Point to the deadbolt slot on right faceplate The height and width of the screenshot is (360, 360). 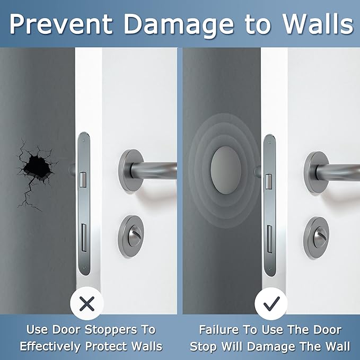269,234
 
